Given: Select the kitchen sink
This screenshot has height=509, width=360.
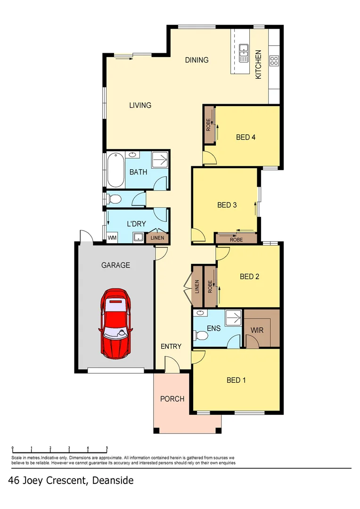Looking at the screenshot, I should pos(244,53).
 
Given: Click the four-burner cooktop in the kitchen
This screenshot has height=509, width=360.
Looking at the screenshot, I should pos(274,60).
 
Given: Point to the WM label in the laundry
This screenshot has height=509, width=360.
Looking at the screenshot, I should pos(112,238).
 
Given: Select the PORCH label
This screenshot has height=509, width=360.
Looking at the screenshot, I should pos(172,399).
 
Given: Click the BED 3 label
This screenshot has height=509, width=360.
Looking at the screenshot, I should pos(227,205).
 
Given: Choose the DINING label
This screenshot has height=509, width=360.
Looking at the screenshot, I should pos(196,60).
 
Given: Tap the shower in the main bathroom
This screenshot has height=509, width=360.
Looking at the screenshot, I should pos(160,160).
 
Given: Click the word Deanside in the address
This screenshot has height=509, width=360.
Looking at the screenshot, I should pos(113,481).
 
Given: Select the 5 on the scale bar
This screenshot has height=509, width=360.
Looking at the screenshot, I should pos(107,448).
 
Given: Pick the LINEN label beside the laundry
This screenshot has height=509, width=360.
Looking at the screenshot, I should pos(157,238).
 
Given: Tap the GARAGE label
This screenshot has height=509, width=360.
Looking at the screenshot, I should pos(115,265).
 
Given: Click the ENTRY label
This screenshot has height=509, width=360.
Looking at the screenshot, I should pos(171,346).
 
